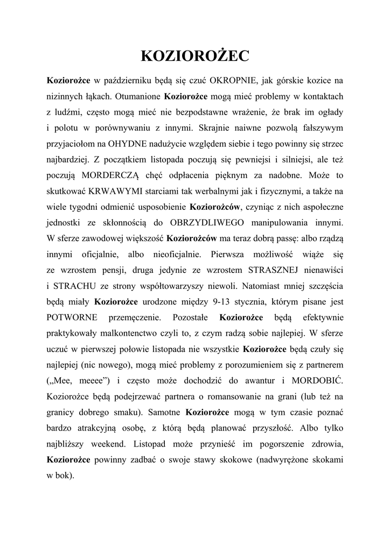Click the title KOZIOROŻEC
pos(194,56)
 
